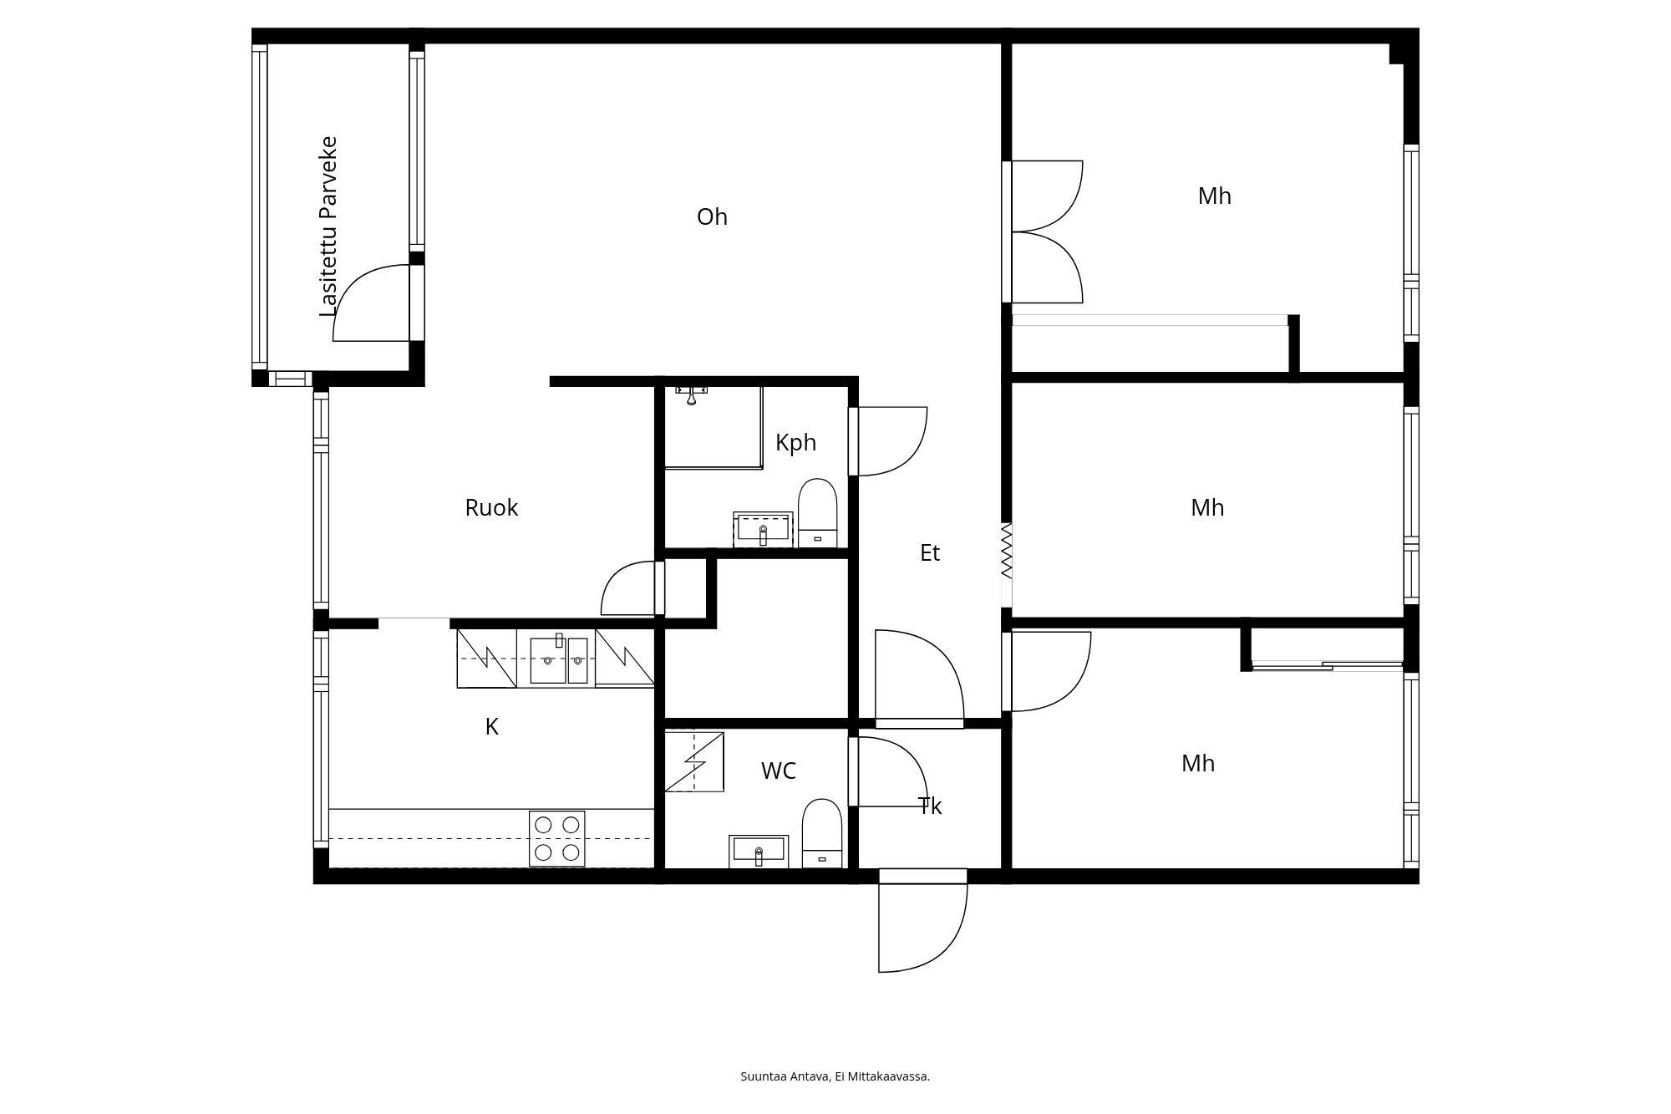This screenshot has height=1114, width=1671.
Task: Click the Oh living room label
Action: [x=712, y=217]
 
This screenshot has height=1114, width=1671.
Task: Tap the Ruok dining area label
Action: [x=491, y=508]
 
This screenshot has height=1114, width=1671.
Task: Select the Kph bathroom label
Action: [x=795, y=443]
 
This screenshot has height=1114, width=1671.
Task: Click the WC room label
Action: [x=778, y=771]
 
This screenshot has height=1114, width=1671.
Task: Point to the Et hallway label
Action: [x=930, y=553]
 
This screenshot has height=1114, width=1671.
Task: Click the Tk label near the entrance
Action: [x=930, y=806]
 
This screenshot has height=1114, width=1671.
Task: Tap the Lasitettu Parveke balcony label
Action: [x=329, y=226]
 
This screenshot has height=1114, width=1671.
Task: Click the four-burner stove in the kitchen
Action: [x=557, y=838]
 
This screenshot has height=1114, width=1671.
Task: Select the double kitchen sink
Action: [x=559, y=659]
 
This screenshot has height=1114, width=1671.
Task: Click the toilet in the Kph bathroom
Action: [x=817, y=513]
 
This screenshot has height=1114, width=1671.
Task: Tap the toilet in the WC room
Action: [x=822, y=834]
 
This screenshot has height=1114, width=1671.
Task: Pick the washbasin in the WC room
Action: [x=759, y=852]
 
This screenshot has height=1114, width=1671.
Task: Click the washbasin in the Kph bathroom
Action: [x=763, y=530]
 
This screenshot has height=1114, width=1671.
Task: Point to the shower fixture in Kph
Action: [x=692, y=394]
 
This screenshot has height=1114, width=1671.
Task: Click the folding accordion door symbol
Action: [x=1007, y=551]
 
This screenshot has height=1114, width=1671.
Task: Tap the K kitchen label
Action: [x=491, y=727]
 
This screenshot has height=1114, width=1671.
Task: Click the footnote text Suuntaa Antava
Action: [x=785, y=1076]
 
